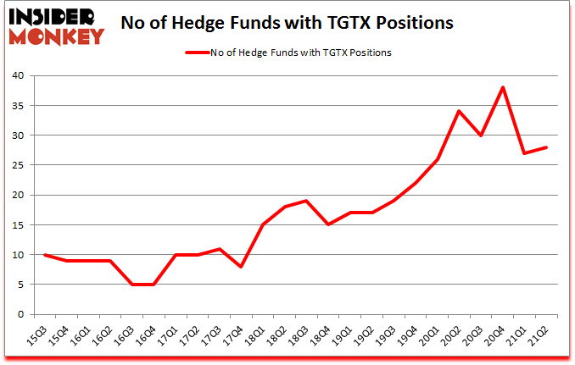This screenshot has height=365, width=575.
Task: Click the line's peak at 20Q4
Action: [503, 87]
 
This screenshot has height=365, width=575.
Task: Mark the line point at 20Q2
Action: [459, 111]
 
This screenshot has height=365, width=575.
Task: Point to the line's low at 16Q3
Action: [131, 285]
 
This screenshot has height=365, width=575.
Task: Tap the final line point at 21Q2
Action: [547, 147]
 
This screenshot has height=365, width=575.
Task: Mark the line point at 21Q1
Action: [525, 153]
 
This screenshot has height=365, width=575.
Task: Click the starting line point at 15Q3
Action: [44, 255]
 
